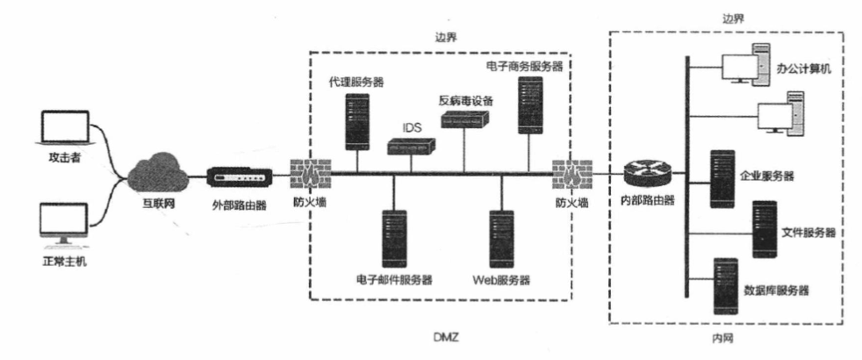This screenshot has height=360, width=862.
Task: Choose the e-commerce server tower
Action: point(528,104)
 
